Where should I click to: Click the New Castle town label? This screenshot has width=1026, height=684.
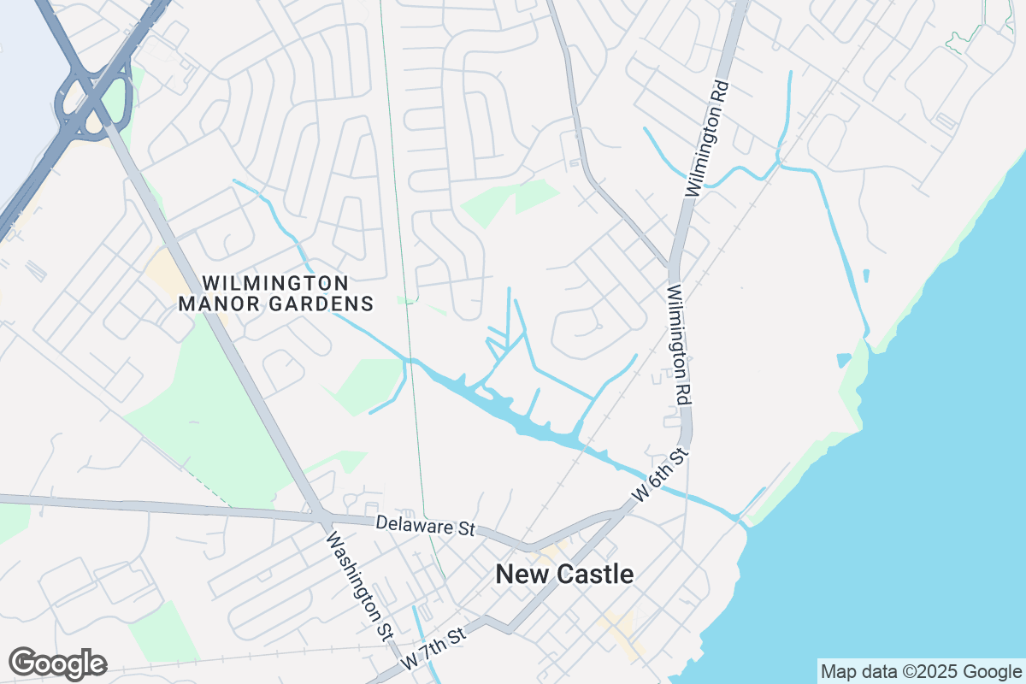pos(565,575)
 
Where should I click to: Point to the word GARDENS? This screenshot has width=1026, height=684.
pos(327,304)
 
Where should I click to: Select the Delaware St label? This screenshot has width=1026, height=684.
pos(425,526)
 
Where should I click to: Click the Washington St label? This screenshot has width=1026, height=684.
pos(359,585)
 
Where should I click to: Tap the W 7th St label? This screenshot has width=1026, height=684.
pos(434,647)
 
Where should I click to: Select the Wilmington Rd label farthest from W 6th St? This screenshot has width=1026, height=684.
pos(706,139)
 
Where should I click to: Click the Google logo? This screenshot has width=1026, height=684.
pos(58,663)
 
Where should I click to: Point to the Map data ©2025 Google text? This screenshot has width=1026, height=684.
pos(921,671)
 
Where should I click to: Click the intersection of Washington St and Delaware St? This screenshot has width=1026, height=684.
pos(321,516)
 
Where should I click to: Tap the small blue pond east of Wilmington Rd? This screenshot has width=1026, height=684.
pos(866,275)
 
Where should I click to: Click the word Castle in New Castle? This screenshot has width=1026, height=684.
pos(595,575)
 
